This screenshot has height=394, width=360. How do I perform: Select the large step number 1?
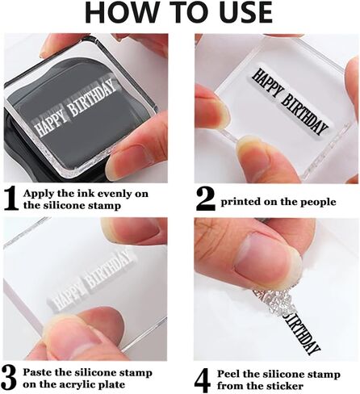[11, 199]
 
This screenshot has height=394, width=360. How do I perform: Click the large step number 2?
[206, 199]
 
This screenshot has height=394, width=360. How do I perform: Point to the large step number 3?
[9, 379]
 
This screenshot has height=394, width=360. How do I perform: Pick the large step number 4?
[203, 380]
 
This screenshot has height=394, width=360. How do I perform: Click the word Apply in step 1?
[39, 194]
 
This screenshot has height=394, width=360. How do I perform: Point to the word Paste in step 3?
[37, 373]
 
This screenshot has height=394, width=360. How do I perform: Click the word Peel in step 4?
[229, 374]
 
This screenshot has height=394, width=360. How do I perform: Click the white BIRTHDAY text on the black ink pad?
[92, 99]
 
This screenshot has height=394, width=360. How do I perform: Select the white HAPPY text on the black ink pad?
[51, 125]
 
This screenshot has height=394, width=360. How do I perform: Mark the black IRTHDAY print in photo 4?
[302, 333]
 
